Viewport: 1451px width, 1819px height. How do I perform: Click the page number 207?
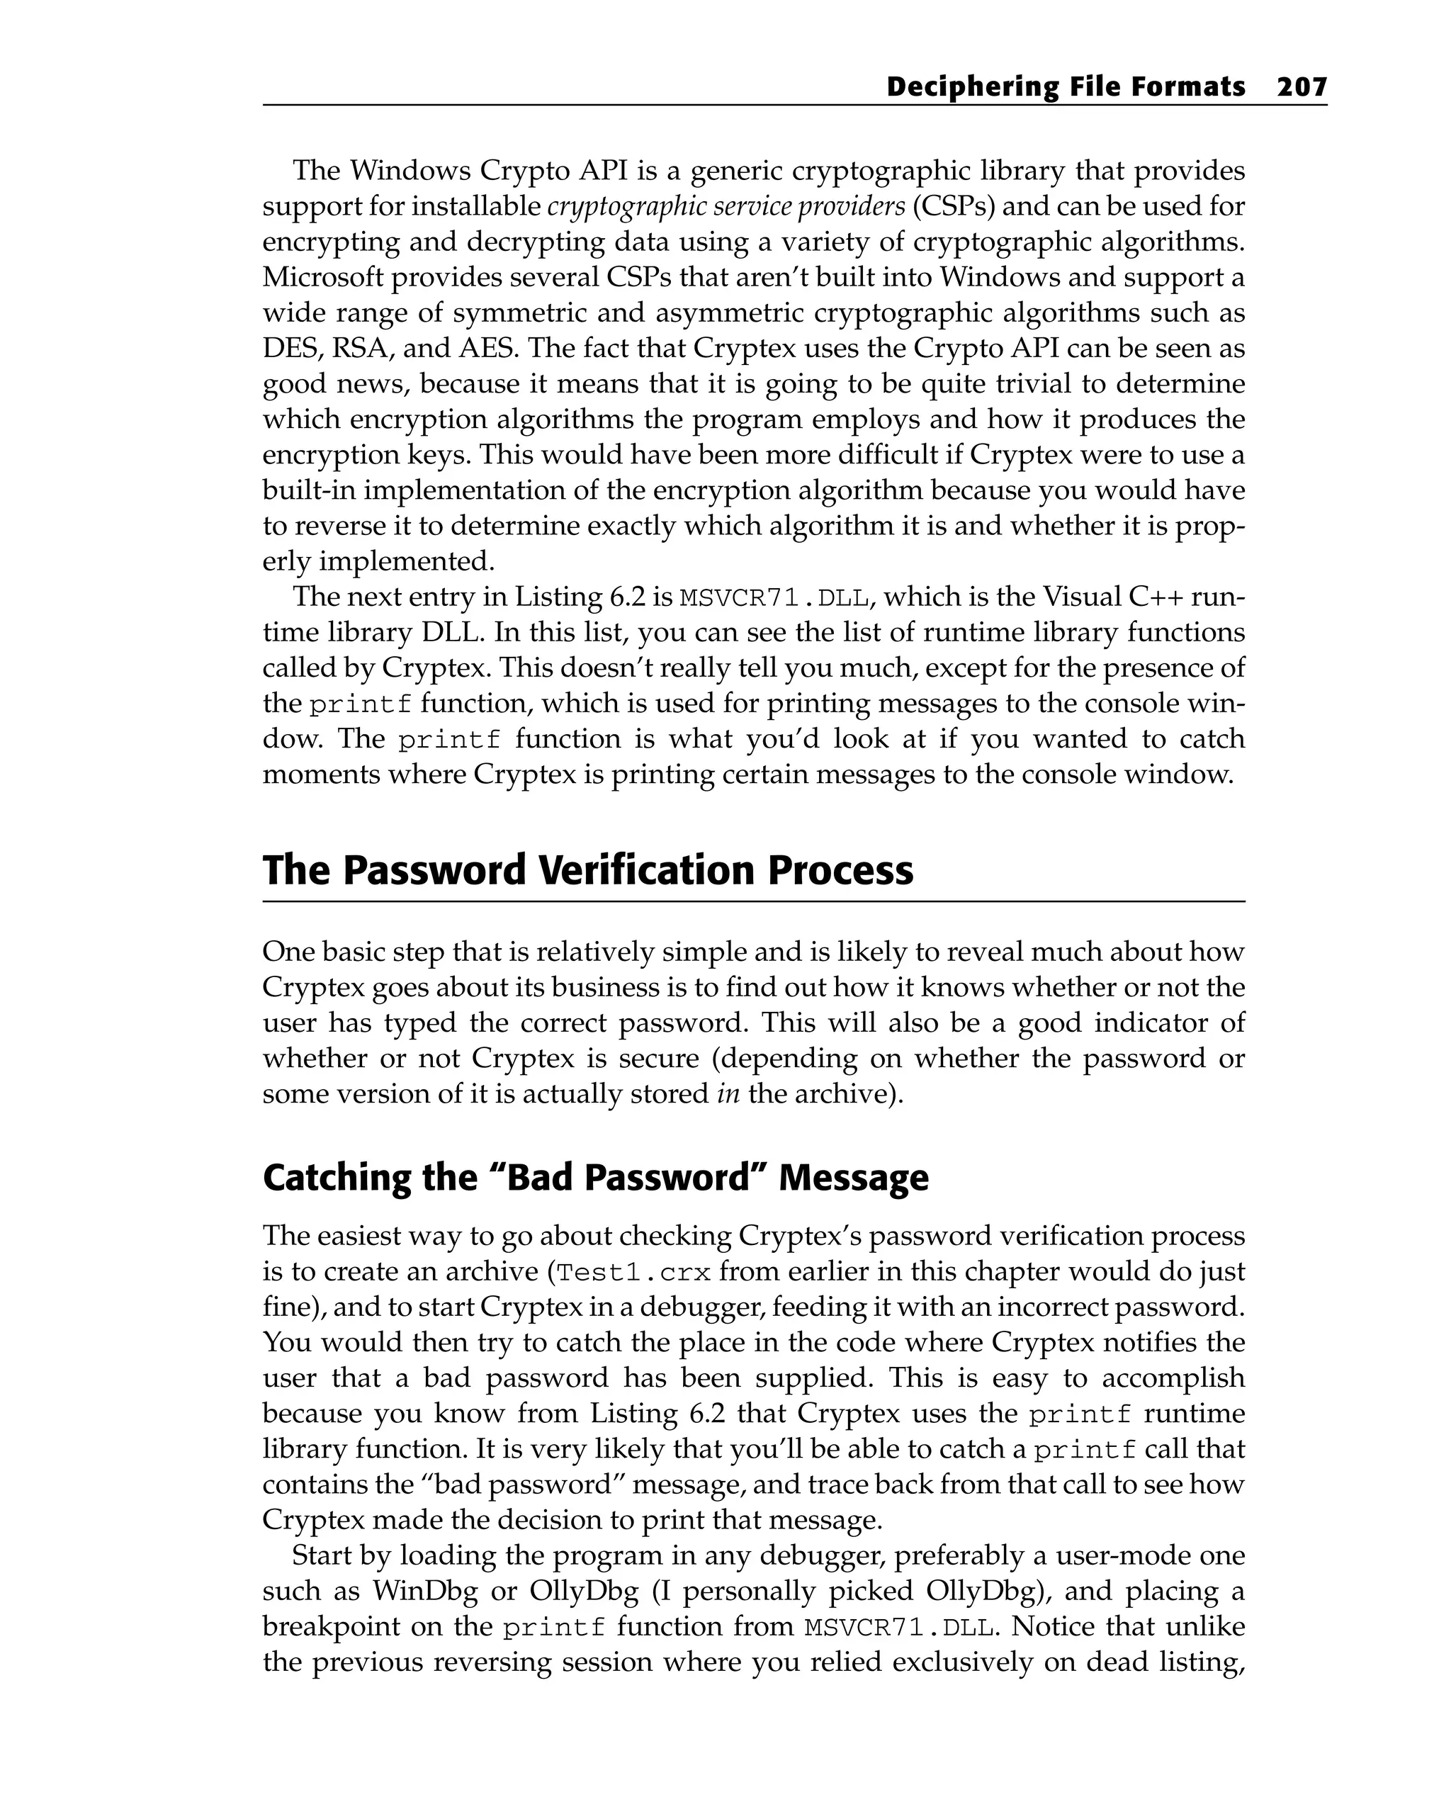coord(1301,87)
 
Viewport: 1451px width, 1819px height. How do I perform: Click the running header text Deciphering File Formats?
coord(1066,87)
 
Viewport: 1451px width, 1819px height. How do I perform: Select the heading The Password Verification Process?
coord(587,871)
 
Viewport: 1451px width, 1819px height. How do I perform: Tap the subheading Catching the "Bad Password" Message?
coord(596,1178)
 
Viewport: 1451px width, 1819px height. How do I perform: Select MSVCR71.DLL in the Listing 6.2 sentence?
coord(774,598)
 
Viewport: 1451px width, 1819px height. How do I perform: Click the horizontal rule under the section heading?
coord(752,902)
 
